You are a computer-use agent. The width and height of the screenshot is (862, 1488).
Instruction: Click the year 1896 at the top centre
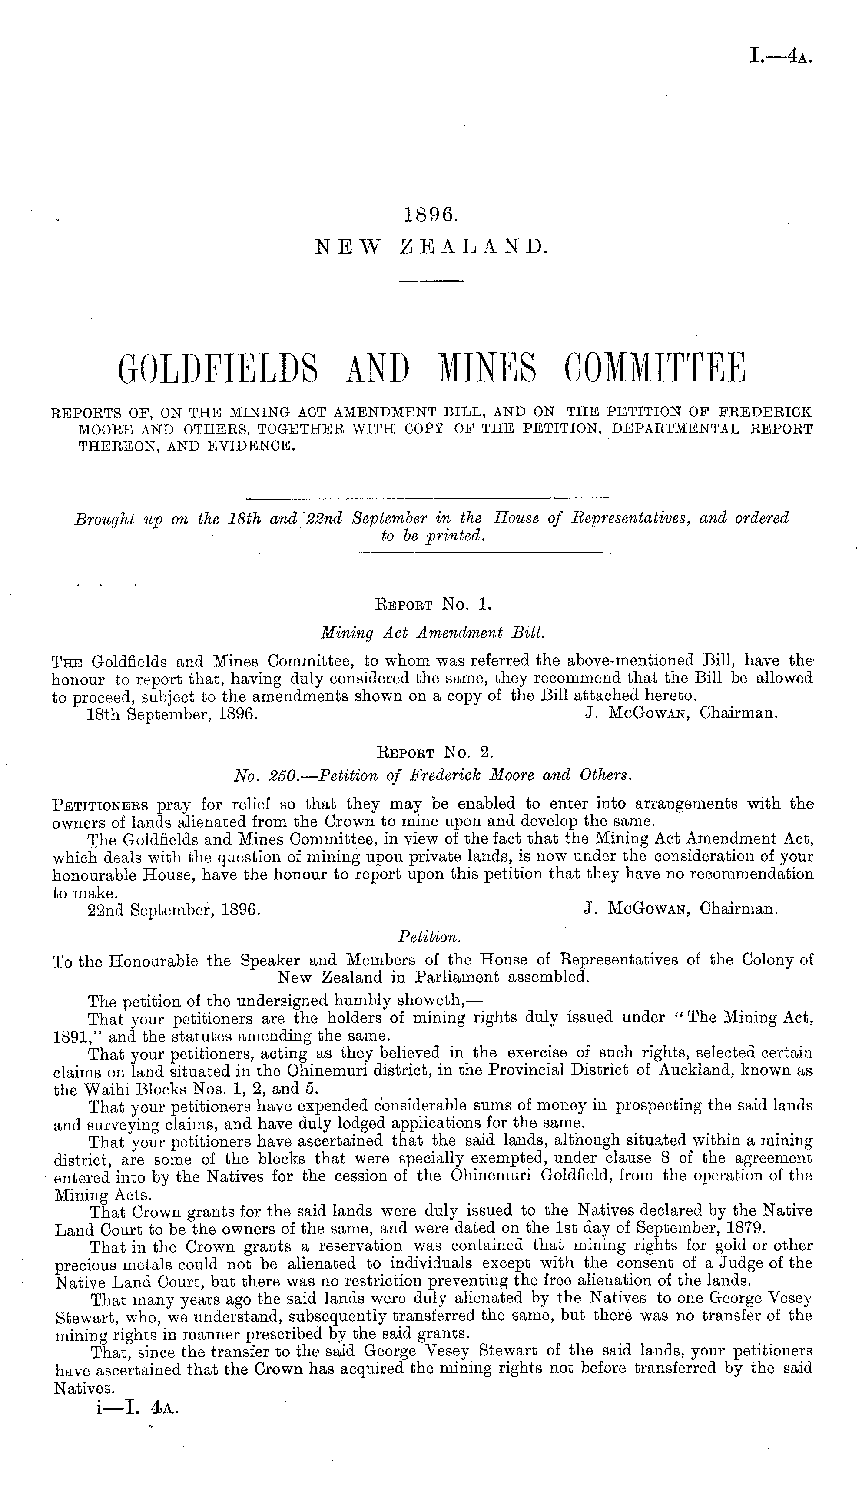point(431,215)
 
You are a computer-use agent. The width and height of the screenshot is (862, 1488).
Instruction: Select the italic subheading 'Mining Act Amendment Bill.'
point(431,633)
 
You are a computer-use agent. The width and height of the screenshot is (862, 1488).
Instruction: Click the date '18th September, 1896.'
point(172,713)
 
